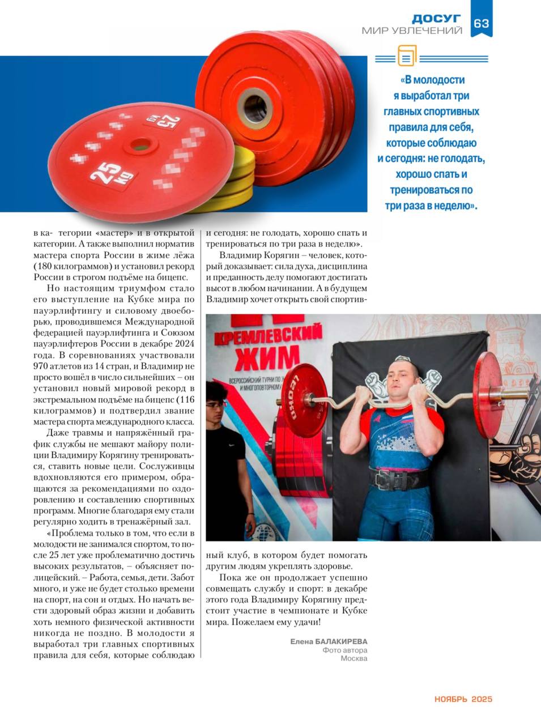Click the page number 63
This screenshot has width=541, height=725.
(481, 23)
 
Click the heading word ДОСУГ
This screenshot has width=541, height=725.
(436, 19)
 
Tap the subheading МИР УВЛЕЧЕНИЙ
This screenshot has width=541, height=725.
(412, 31)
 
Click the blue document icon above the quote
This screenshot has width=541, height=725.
(406, 57)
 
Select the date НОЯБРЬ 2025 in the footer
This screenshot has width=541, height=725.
(463, 699)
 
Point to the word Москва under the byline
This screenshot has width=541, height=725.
(354, 658)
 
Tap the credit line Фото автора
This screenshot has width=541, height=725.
(345, 650)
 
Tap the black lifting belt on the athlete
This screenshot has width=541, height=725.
(399, 479)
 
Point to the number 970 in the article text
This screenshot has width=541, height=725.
(43, 366)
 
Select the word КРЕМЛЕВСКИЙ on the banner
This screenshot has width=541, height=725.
(269, 336)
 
